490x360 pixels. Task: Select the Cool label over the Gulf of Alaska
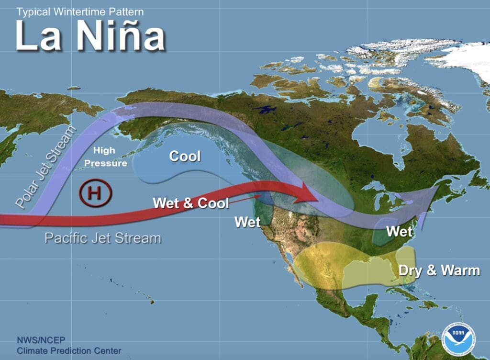click(x=185, y=156)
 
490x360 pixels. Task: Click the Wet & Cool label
click(x=190, y=203)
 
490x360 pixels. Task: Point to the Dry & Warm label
click(x=439, y=270)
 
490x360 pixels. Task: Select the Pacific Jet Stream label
click(x=102, y=237)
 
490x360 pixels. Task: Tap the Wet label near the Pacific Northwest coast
click(x=247, y=222)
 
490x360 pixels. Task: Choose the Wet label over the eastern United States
click(x=399, y=231)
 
